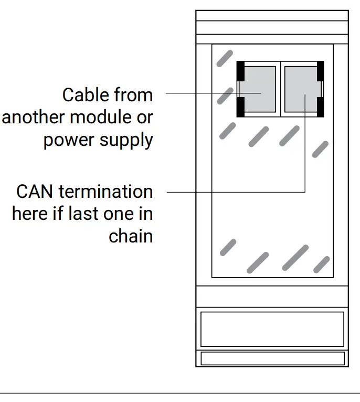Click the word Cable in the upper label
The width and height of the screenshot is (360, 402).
pyautogui.click(x=82, y=96)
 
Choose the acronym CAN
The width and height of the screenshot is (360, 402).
pyautogui.click(x=35, y=192)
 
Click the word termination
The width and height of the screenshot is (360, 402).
pyautogui.click(x=105, y=192)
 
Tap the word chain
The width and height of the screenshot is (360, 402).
pyautogui.click(x=131, y=236)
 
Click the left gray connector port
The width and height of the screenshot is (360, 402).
pyautogui.click(x=258, y=89)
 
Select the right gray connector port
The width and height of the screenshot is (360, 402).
pyautogui.click(x=301, y=89)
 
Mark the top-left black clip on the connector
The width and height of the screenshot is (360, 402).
pyautogui.click(x=240, y=70)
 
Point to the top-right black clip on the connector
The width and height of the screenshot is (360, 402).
pyautogui.click(x=320, y=70)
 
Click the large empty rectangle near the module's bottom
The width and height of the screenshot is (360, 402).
pyautogui.click(x=272, y=329)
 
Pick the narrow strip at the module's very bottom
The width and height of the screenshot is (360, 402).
pyautogui.click(x=272, y=358)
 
